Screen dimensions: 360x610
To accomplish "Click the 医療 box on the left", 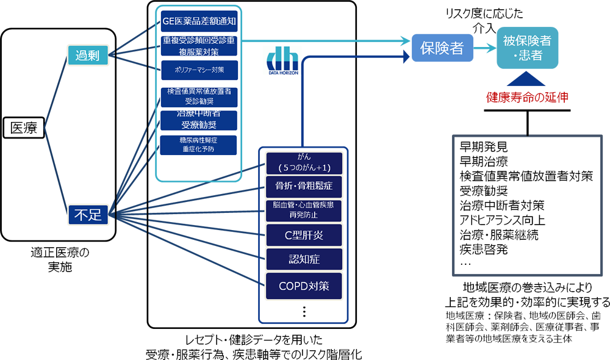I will (24, 128).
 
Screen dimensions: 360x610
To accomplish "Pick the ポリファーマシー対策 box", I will (198, 70).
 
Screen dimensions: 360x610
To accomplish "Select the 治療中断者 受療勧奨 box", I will (198, 120).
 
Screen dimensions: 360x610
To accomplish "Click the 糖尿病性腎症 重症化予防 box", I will (198, 144).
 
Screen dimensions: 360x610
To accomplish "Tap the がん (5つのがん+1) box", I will (303, 162).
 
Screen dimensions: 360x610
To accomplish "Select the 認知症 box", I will (303, 259).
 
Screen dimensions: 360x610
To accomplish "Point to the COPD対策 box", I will (303, 284).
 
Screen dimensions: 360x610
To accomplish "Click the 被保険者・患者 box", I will (527, 48).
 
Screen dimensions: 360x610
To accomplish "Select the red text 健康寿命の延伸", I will (527, 97).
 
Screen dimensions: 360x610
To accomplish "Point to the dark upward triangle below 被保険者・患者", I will (527, 79).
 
